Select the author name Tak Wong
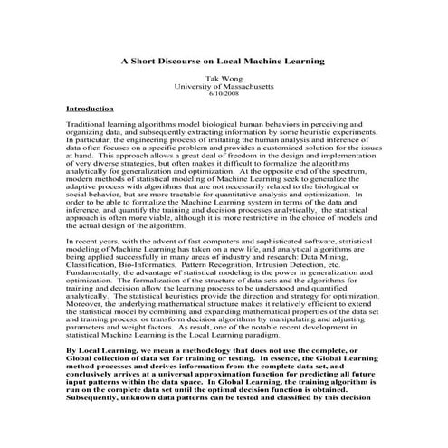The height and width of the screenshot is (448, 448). pos(224,79)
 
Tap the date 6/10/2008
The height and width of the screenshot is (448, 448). pos(224,94)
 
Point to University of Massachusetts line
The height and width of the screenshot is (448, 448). pos(224,87)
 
